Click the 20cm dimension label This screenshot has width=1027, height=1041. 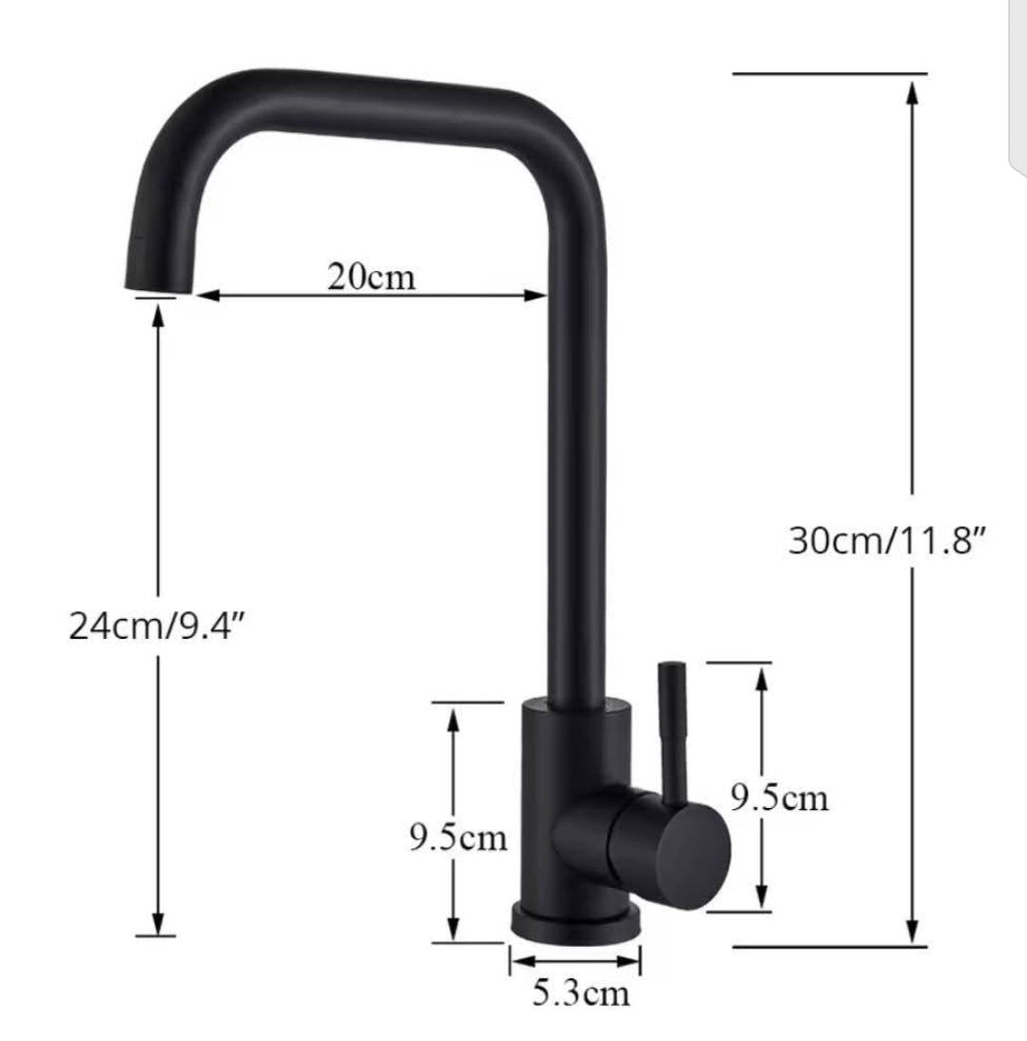372,277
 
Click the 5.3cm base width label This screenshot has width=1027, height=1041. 580,994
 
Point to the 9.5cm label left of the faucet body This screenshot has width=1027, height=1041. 458,839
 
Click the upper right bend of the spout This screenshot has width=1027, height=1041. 552,133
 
